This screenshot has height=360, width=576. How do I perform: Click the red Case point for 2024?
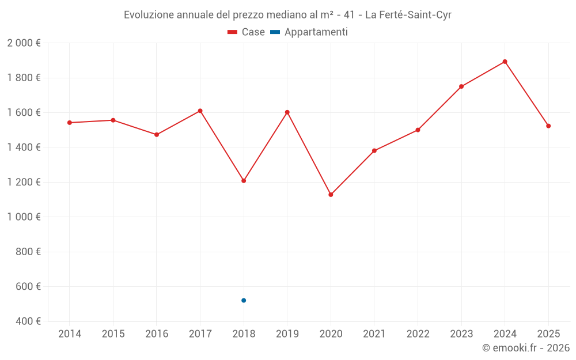(x=505, y=62)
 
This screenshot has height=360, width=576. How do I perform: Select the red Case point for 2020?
(x=331, y=195)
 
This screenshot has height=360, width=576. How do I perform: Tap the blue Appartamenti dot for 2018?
(x=244, y=300)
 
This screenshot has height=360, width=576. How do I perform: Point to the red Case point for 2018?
(x=244, y=181)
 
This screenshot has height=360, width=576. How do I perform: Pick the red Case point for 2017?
(x=200, y=111)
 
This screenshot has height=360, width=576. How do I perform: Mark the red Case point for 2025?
(x=548, y=126)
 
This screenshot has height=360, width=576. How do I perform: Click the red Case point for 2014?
(x=70, y=123)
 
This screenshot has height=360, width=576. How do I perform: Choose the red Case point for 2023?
(x=461, y=86)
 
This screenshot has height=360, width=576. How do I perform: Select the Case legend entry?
(x=246, y=32)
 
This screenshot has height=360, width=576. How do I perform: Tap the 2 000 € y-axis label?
(x=24, y=43)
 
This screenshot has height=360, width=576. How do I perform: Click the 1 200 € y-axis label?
(x=24, y=182)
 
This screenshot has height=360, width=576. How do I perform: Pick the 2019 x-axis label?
(x=287, y=334)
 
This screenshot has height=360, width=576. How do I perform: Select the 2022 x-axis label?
(x=418, y=334)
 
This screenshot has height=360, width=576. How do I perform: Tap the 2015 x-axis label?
(x=113, y=334)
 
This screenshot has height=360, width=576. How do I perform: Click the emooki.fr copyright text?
(x=526, y=348)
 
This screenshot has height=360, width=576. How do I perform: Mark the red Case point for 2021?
(x=374, y=151)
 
